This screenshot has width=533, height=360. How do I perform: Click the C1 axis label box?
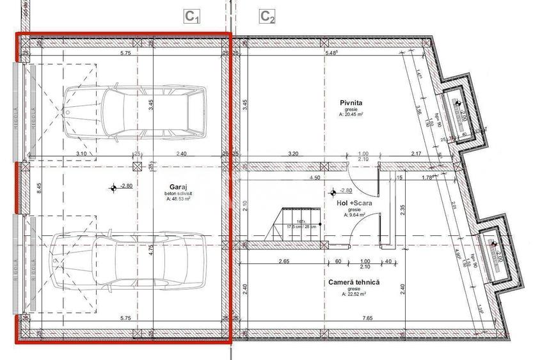(193, 17)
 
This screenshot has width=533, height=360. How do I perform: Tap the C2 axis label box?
(268, 17)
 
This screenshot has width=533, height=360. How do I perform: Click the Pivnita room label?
(351, 102)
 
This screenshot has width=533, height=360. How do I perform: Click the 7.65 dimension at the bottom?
(367, 318)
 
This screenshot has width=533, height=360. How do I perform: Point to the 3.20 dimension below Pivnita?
(294, 154)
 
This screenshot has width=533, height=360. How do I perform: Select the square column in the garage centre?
(136, 166)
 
